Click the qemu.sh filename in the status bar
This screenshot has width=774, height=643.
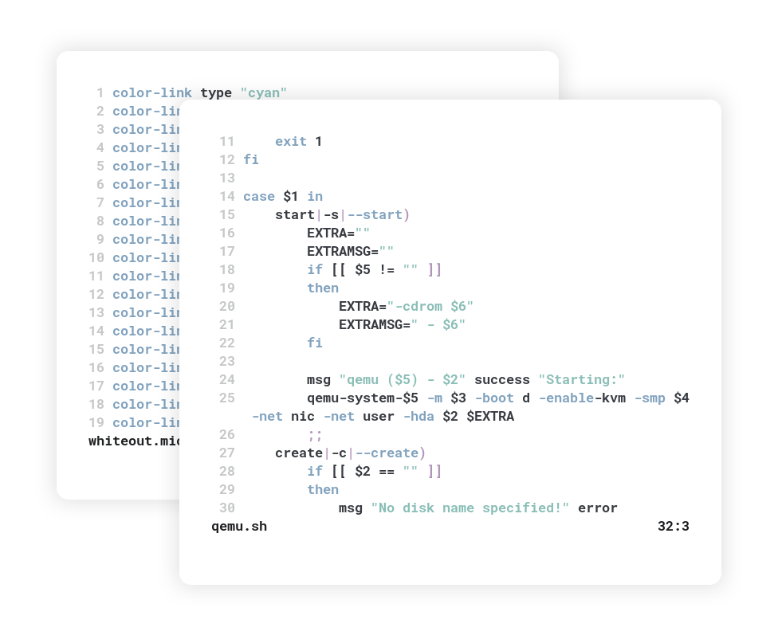pyautogui.click(x=239, y=527)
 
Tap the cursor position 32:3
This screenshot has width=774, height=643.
pyautogui.click(x=673, y=527)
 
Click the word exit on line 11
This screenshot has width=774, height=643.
pyautogui.click(x=291, y=142)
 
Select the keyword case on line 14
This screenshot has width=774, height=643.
pyautogui.click(x=259, y=197)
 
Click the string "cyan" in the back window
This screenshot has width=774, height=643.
pyautogui.click(x=263, y=93)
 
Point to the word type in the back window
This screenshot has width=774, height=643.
pyautogui.click(x=216, y=93)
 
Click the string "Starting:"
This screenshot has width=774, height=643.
pyautogui.click(x=582, y=380)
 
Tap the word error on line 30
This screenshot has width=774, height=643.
pyautogui.click(x=598, y=508)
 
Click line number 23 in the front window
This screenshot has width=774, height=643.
pyautogui.click(x=226, y=362)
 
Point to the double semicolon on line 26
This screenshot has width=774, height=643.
pyautogui.click(x=315, y=435)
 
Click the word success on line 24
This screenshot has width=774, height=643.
pyautogui.click(x=502, y=380)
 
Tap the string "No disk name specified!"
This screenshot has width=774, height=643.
pyautogui.click(x=470, y=508)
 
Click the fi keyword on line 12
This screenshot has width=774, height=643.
pyautogui.click(x=251, y=160)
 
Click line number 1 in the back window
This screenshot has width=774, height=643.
pyautogui.click(x=100, y=93)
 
